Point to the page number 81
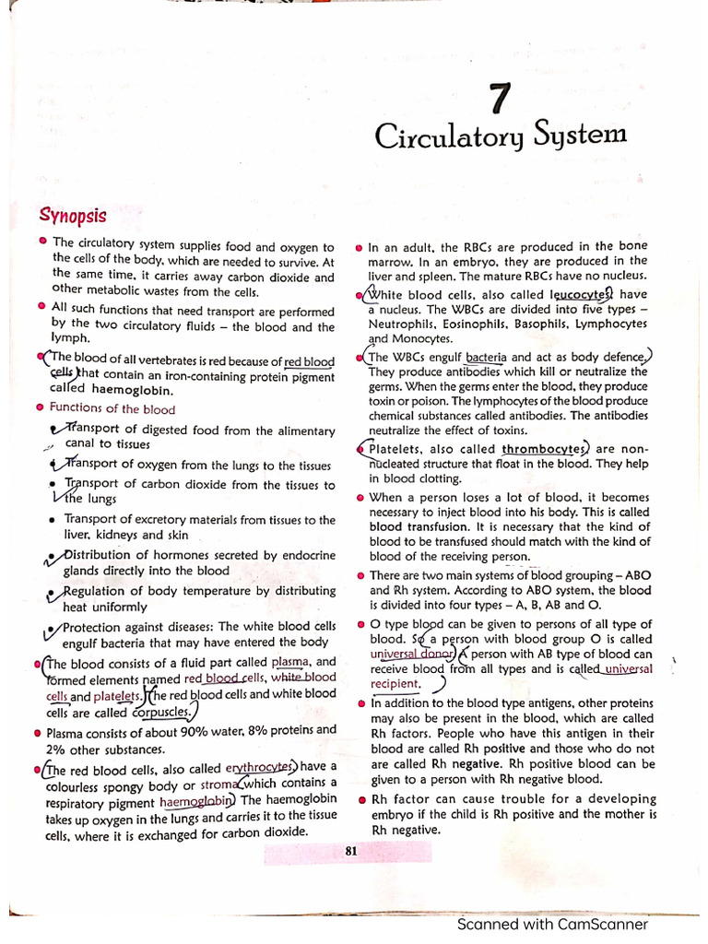[350, 852]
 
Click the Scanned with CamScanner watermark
[552, 925]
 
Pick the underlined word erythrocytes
[261, 767]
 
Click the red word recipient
[395, 684]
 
